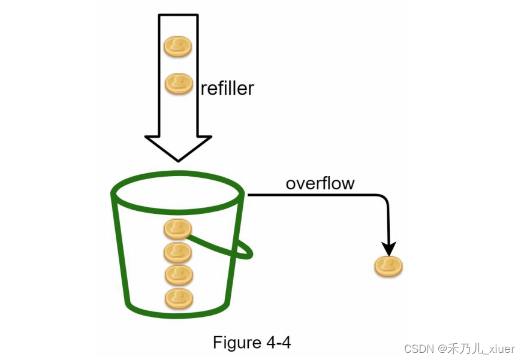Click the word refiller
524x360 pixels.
(227, 89)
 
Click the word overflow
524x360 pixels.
(320, 183)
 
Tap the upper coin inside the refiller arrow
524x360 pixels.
(178, 46)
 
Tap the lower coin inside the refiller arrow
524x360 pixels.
(178, 83)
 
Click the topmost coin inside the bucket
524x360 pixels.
(177, 229)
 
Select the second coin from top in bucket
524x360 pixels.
(177, 252)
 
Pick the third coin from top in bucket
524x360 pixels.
(178, 275)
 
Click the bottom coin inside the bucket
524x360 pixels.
(178, 298)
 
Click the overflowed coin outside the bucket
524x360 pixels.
(389, 266)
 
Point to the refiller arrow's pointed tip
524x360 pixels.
(178, 159)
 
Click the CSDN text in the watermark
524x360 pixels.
(418, 349)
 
